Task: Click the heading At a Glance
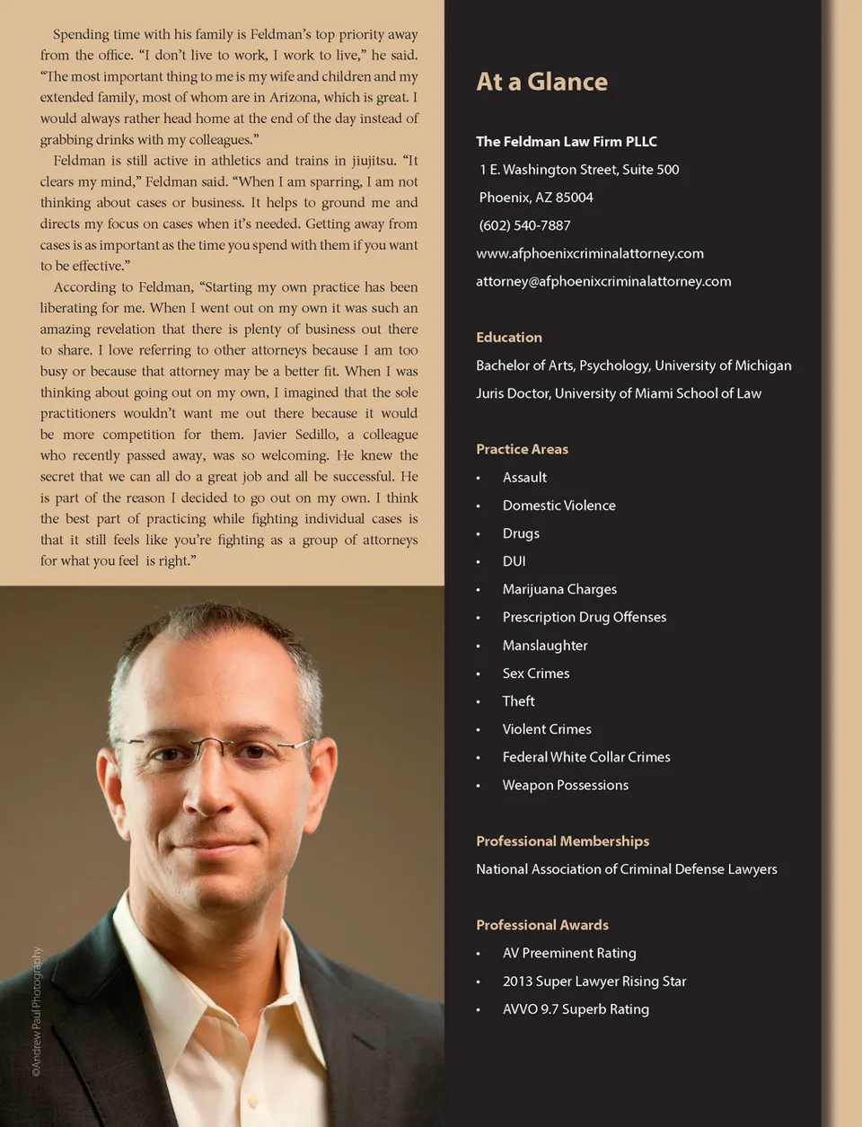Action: pyautogui.click(x=541, y=82)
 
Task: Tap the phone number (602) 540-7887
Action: pyautogui.click(x=524, y=225)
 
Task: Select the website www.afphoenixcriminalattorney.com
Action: pyautogui.click(x=589, y=253)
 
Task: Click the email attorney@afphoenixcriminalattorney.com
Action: pyautogui.click(x=603, y=281)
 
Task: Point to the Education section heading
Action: pyautogui.click(x=508, y=338)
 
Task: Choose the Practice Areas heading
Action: pyautogui.click(x=522, y=449)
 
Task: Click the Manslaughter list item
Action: pyautogui.click(x=544, y=646)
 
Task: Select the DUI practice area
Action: pyautogui.click(x=514, y=561)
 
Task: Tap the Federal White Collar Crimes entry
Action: pyautogui.click(x=585, y=757)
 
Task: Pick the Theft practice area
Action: pyautogui.click(x=518, y=701)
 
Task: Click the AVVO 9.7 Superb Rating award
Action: pyautogui.click(x=575, y=1009)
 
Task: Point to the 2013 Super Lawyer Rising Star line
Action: pyautogui.click(x=594, y=982)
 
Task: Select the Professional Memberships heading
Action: pyautogui.click(x=562, y=841)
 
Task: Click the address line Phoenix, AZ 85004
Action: pyautogui.click(x=535, y=198)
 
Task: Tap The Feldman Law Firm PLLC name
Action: pyautogui.click(x=566, y=142)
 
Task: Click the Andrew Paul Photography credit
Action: pyautogui.click(x=37, y=1011)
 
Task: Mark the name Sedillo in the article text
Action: pyautogui.click(x=316, y=435)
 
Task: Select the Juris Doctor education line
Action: pyautogui.click(x=618, y=393)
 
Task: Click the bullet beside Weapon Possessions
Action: pyautogui.click(x=479, y=786)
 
